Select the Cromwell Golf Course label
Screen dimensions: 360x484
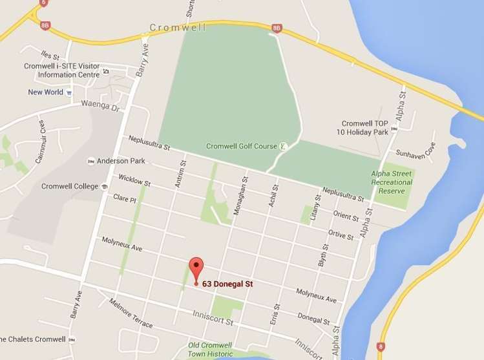[242, 146]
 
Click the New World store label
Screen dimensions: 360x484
[45, 92]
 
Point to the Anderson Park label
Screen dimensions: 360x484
[121, 161]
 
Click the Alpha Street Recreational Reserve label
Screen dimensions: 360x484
[392, 182]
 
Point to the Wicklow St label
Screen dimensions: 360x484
[134, 180]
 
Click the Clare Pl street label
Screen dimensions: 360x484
[125, 197]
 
